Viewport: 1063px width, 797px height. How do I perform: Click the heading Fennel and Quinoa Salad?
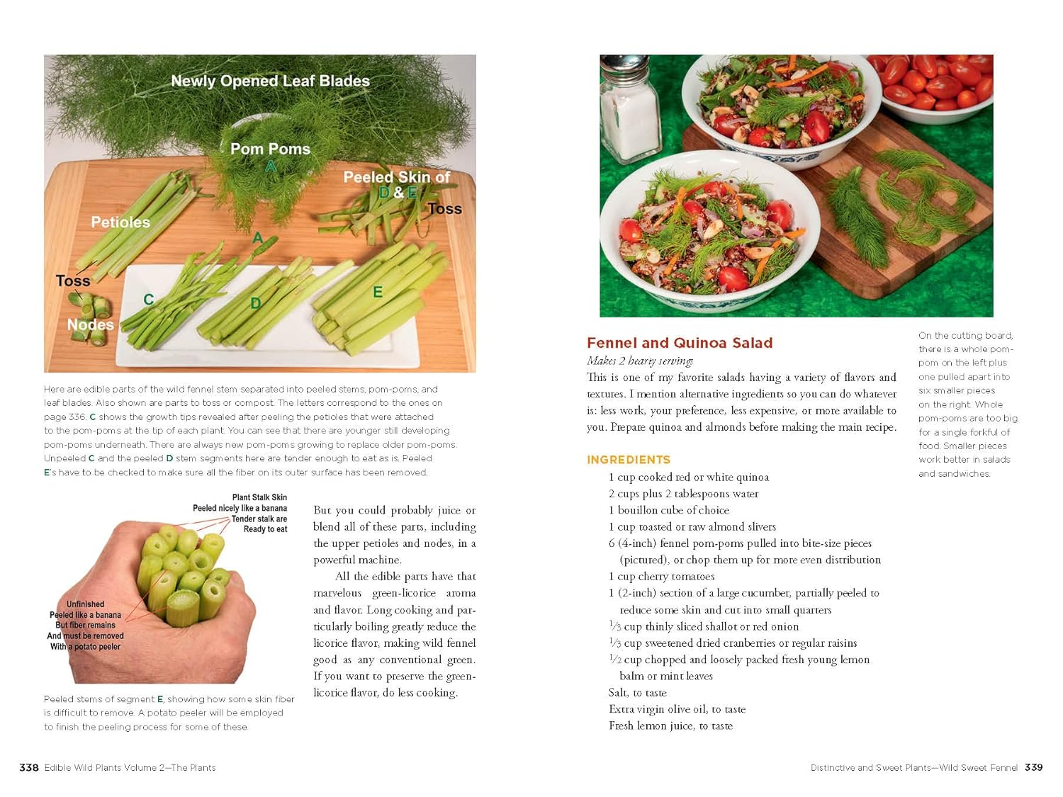coord(680,343)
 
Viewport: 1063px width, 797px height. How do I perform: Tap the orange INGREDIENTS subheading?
coord(629,459)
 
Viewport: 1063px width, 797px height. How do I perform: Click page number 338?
coord(29,767)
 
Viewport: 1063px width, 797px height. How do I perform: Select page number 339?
coord(1033,767)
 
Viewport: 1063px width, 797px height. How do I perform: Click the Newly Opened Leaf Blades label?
coord(270,81)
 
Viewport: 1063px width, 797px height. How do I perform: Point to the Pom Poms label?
coord(270,149)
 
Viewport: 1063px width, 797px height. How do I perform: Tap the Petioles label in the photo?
coord(120,222)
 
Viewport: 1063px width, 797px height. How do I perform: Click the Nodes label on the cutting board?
coord(91,324)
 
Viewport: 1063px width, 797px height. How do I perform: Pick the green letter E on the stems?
coord(378,292)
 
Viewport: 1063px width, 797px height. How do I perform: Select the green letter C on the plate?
coord(149,300)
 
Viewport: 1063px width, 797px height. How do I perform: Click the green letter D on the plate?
coord(256,303)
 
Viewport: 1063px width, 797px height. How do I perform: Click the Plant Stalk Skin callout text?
coord(259,497)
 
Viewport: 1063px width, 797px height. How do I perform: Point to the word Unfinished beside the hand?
coord(85,604)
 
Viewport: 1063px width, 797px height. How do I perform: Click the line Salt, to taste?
coord(637,692)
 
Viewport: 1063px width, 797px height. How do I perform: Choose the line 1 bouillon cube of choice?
coord(669,510)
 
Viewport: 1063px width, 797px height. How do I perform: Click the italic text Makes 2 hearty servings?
coord(640,361)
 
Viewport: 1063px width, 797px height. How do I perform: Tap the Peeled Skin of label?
coord(397,177)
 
